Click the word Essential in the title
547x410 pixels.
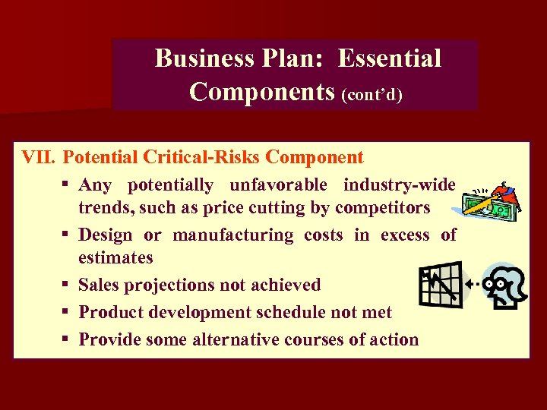point(390,58)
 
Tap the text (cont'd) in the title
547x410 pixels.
point(372,94)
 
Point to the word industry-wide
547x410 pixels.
point(399,185)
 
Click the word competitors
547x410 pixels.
point(383,207)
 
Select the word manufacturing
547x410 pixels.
point(232,235)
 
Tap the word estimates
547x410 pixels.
point(115,257)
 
